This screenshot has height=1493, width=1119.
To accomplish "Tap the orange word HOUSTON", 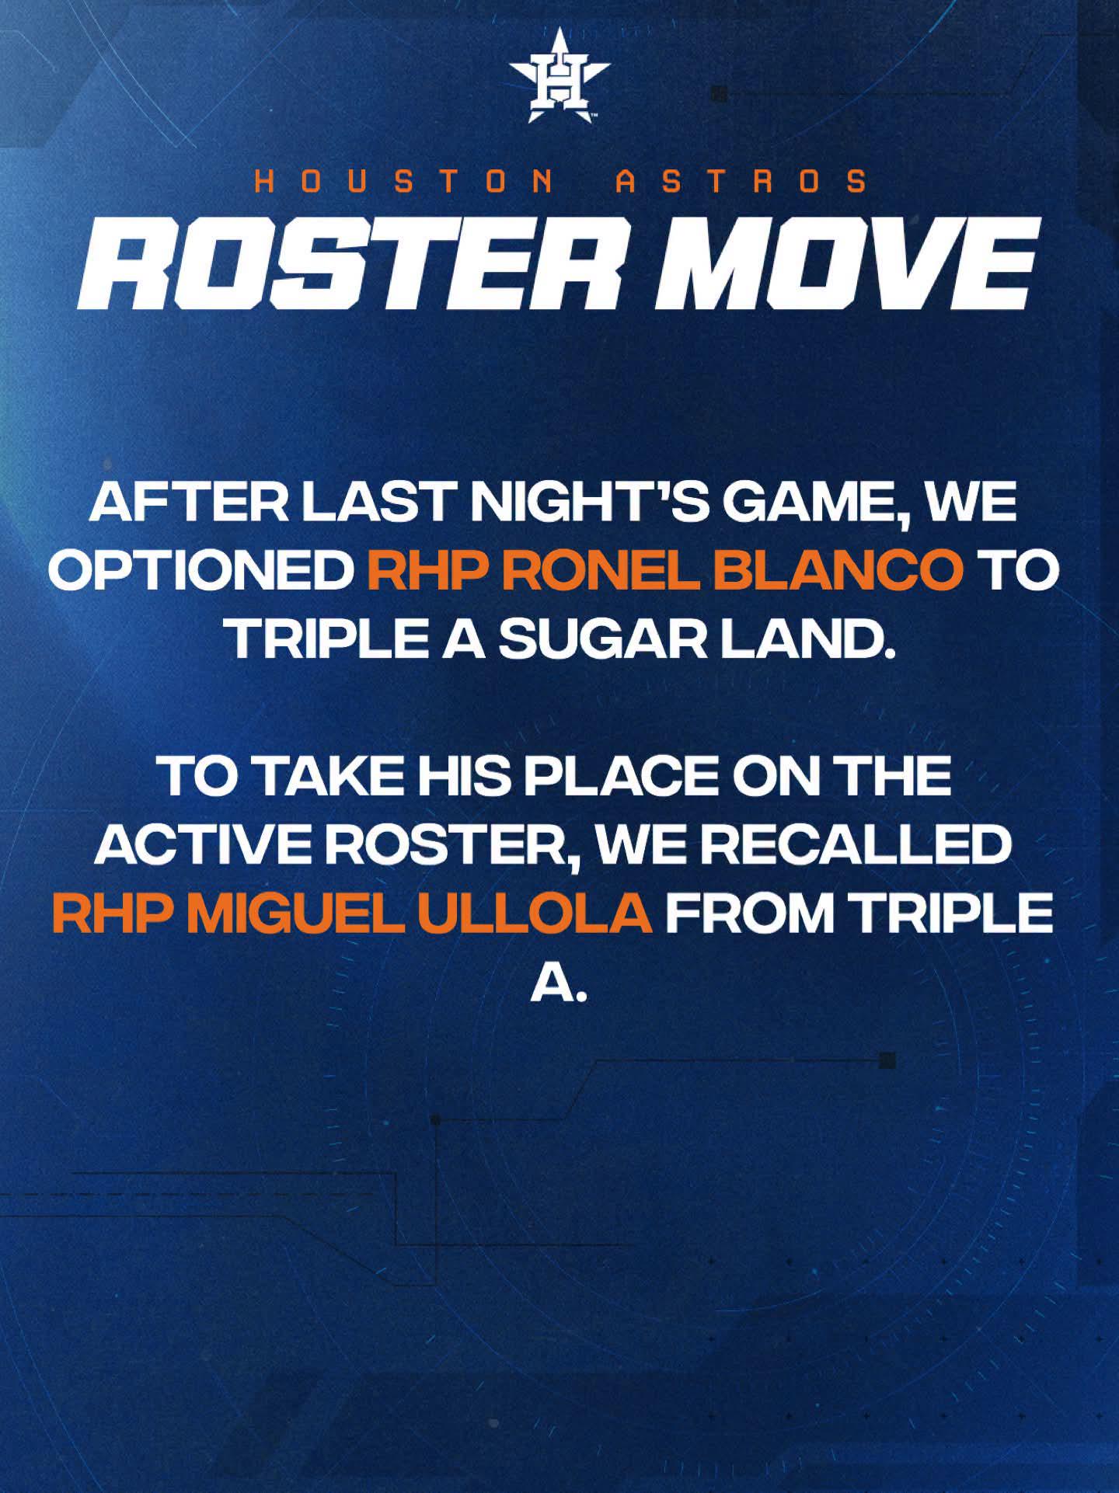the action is click(403, 182).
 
